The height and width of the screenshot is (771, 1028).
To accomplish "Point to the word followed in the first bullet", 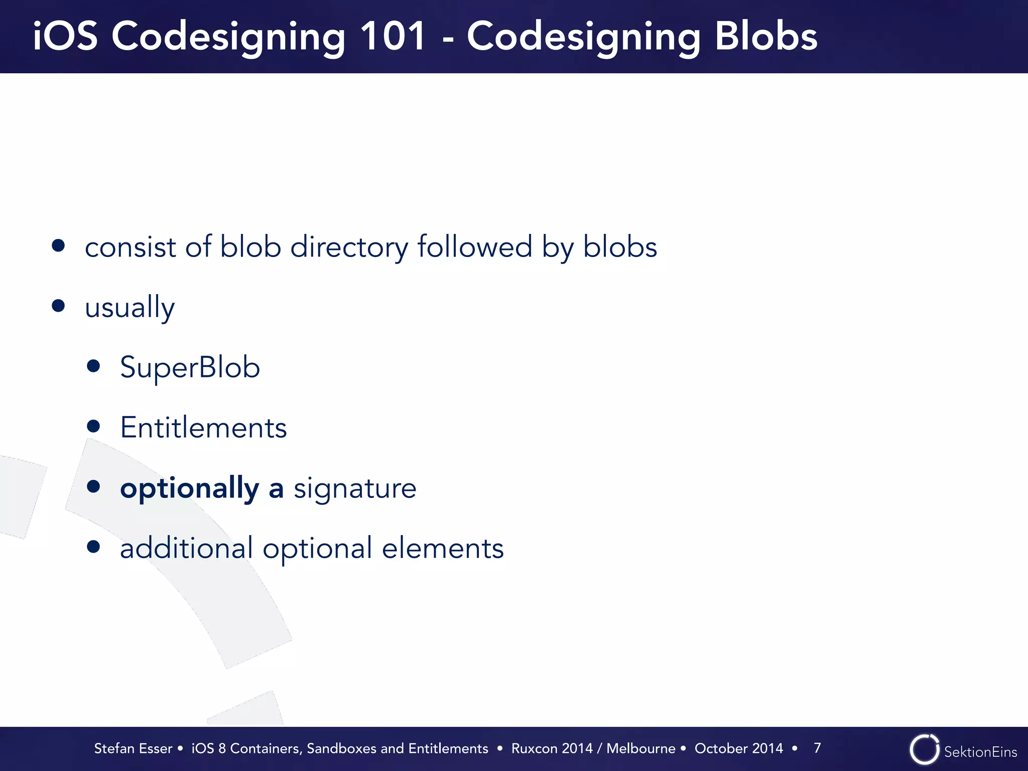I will [x=474, y=247].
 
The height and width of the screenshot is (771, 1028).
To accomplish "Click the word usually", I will [x=130, y=307].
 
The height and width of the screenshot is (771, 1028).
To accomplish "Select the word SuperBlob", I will [x=190, y=367].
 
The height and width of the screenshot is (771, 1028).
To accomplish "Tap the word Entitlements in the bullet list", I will [x=203, y=428].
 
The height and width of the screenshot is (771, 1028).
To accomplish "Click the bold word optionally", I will [x=189, y=488].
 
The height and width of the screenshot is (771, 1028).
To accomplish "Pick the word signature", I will [x=355, y=488].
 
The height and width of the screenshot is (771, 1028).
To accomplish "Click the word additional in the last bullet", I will [x=186, y=548].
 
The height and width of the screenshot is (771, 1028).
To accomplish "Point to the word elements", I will [x=443, y=548].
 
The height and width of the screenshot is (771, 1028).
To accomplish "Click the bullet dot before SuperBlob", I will [x=93, y=366].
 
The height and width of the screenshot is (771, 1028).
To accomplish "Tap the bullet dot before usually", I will [x=58, y=306].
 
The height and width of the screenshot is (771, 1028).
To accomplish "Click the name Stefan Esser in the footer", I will [x=133, y=748].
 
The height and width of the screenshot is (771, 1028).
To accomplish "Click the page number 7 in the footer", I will [x=817, y=748].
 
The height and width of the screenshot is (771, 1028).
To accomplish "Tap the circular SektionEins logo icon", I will [x=924, y=749].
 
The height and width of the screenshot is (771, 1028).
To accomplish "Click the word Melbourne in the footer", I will [x=641, y=748].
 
